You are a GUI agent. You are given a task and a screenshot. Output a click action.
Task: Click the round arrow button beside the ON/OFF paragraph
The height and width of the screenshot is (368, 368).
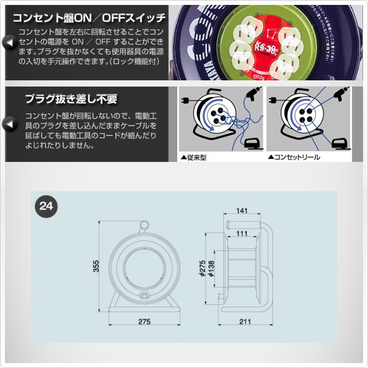pyautogui.click(x=10, y=42)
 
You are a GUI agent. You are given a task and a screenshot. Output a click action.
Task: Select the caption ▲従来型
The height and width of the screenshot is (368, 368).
pyautogui.click(x=195, y=157)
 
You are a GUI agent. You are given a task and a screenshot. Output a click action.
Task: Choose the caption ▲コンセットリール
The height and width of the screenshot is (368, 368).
pyautogui.click(x=294, y=157)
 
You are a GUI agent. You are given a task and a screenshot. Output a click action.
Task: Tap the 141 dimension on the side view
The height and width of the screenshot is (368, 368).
pyautogui.click(x=243, y=212)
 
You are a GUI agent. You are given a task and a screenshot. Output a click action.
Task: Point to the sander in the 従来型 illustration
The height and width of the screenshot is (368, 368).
pyautogui.click(x=250, y=143)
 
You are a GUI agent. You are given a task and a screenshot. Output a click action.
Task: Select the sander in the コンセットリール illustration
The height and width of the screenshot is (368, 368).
pyautogui.click(x=338, y=143)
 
